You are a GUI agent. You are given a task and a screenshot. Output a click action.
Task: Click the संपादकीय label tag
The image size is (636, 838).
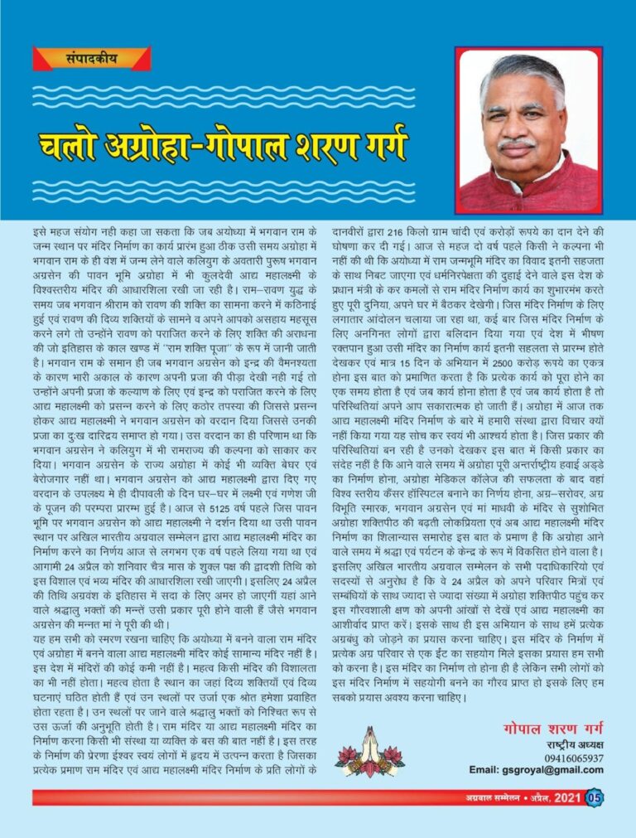(91, 59)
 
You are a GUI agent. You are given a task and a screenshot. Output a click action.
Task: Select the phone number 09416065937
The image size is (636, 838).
(574, 758)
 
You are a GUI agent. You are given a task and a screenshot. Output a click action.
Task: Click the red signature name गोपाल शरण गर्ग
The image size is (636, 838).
(552, 729)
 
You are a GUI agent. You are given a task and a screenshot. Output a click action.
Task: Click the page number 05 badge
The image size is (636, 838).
(595, 797)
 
